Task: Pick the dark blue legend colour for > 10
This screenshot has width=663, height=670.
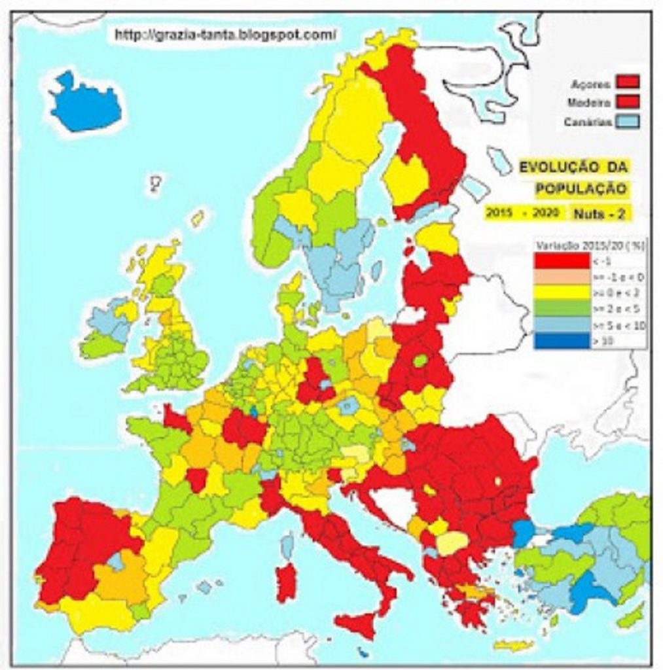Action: point(561,340)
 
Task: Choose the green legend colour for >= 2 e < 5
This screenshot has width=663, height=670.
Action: point(561,308)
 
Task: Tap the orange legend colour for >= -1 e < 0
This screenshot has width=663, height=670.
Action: point(561,276)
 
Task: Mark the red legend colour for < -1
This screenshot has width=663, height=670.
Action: point(561,260)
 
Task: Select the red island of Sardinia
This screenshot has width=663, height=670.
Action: point(286,582)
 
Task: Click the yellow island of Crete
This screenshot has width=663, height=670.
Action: point(513,645)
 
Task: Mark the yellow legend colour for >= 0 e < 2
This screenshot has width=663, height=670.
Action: point(561,292)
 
